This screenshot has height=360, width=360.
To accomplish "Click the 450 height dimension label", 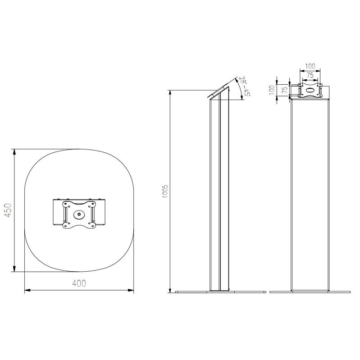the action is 8,210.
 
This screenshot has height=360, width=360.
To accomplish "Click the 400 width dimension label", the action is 79,283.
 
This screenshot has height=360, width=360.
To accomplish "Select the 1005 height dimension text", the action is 165,191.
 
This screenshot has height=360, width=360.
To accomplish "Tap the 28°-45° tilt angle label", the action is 245,87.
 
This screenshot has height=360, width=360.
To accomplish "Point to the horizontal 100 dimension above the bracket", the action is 310,66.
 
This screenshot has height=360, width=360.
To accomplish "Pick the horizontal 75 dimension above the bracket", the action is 310,75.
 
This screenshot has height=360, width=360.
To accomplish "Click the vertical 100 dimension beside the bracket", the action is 272,90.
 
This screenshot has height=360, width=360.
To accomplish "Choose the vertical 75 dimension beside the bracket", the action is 285,90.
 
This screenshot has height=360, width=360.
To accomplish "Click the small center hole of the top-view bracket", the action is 79,214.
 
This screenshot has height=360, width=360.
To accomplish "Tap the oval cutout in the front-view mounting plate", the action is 310,90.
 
